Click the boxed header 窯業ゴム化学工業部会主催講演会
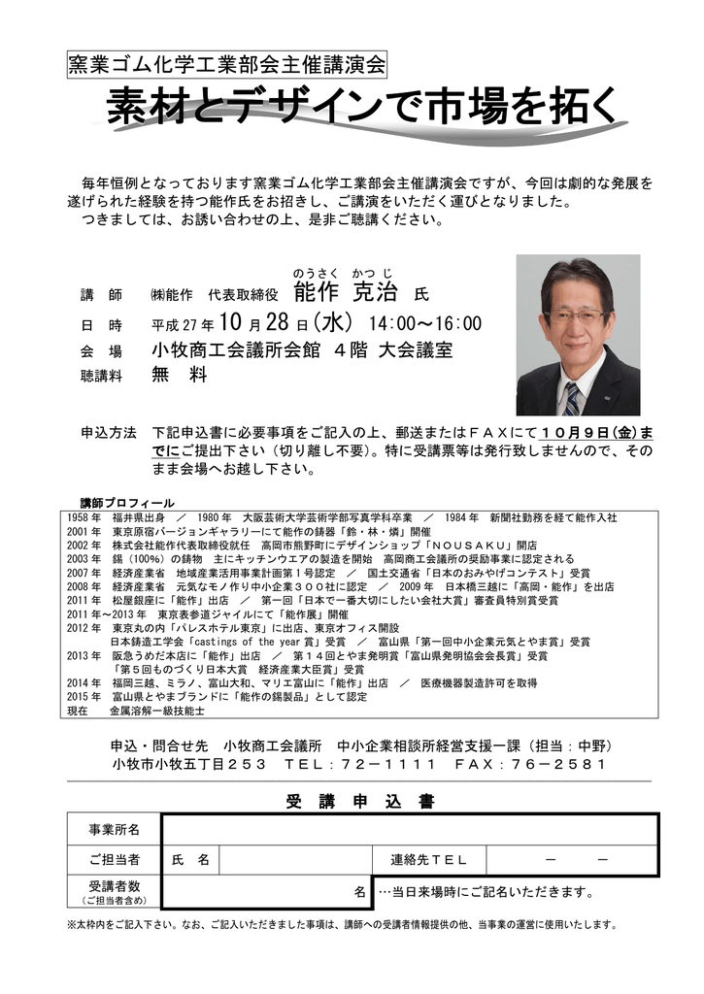(227, 65)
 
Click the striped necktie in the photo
(571, 398)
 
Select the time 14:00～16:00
(423, 323)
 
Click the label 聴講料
(101, 376)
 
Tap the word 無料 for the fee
(179, 375)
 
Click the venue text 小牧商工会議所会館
(234, 349)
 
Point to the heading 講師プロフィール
(127, 503)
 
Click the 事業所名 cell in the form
(115, 830)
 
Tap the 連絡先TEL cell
(428, 860)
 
